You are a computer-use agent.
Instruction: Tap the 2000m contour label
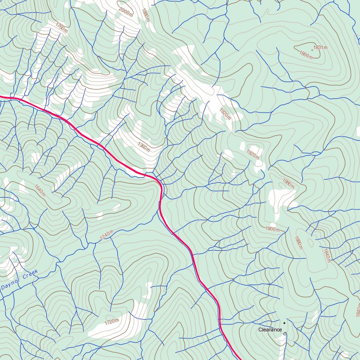(x=126, y=12)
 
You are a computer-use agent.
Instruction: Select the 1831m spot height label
(x=320, y=47)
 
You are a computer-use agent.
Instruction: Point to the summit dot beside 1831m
(x=312, y=49)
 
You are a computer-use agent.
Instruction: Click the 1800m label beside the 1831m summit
(x=306, y=54)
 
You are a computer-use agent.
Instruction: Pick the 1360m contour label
(x=144, y=147)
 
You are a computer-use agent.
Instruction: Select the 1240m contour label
(x=107, y=237)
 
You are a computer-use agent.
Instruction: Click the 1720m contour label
(x=112, y=322)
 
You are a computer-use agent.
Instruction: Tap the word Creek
(x=30, y=274)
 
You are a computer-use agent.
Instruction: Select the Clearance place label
(x=270, y=330)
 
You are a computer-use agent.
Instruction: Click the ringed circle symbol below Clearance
(x=285, y=334)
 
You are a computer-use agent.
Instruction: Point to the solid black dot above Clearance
(x=284, y=323)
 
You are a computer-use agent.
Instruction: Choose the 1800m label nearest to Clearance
(x=272, y=229)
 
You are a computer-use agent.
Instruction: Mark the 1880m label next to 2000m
(x=145, y=15)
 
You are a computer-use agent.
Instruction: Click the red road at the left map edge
(x=1, y=97)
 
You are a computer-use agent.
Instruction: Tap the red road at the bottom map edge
(x=238, y=358)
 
